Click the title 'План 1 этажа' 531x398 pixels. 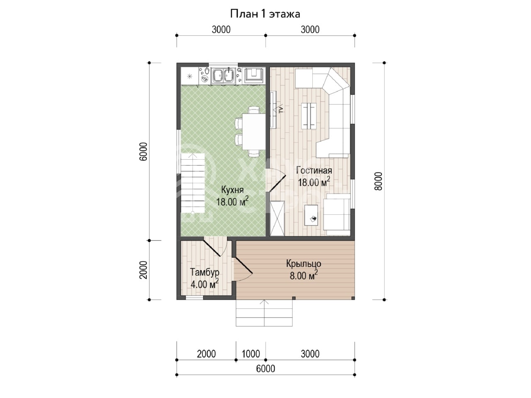(265, 14)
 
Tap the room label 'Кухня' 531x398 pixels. (232, 190)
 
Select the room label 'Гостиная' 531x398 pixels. (314, 170)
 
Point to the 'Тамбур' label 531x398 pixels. (205, 272)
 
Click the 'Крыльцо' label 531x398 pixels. (304, 264)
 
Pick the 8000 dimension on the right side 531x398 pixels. (378, 181)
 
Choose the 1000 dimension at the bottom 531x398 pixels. (251, 354)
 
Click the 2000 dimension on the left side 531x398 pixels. (143, 270)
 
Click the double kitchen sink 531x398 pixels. (223, 75)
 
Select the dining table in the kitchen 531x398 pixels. (254, 132)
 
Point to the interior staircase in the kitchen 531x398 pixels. (192, 184)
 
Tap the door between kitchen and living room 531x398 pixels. (276, 180)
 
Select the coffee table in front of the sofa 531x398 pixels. (309, 116)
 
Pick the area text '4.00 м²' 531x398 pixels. (205, 284)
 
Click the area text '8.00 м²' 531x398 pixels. (304, 275)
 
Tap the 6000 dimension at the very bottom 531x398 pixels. (265, 369)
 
